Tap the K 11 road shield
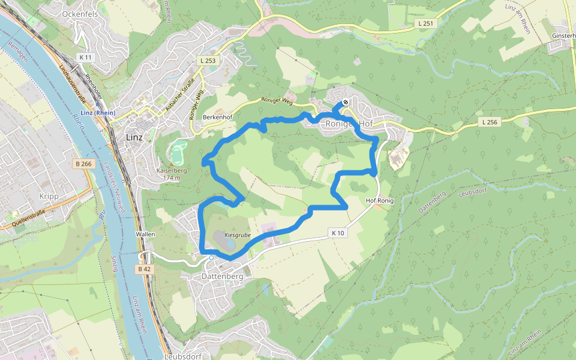click(86, 57)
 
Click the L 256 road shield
click(490, 122)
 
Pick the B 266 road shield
click(83, 164)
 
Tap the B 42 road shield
click(145, 269)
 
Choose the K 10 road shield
click(338, 232)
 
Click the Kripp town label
click(47, 196)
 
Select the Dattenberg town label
click(222, 277)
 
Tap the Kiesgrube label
click(237, 235)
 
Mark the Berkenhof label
click(217, 116)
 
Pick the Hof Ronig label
click(379, 201)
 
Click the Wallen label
click(146, 234)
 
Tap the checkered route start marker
click(346, 103)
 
